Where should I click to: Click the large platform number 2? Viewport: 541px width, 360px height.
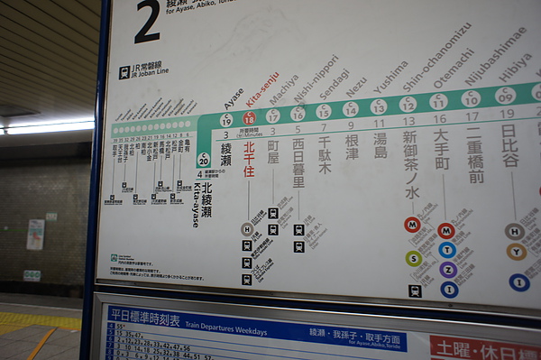click(x=147, y=23)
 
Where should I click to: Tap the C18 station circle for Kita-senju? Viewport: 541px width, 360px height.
click(x=249, y=117)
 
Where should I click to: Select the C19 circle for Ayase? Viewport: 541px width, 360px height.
click(x=226, y=120)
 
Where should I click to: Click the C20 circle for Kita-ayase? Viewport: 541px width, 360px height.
click(x=204, y=160)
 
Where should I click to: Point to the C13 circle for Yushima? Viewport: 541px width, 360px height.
click(x=379, y=107)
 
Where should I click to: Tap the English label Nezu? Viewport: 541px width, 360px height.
click(x=355, y=86)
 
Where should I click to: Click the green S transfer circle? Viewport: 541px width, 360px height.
click(x=414, y=259)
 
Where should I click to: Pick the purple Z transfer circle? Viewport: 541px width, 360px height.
click(x=448, y=270)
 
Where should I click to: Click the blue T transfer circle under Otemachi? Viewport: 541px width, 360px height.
click(x=447, y=250)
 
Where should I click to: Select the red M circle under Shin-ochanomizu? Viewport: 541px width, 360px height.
click(x=413, y=225)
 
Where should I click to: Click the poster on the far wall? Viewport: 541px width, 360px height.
click(x=35, y=235)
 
